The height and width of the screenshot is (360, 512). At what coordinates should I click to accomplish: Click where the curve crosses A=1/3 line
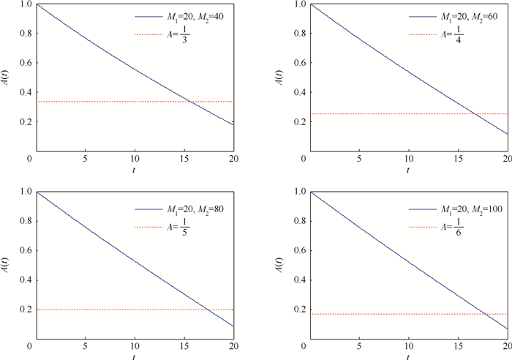tap(190, 102)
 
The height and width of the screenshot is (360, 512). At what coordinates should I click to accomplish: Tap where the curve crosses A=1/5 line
tap(206, 310)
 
